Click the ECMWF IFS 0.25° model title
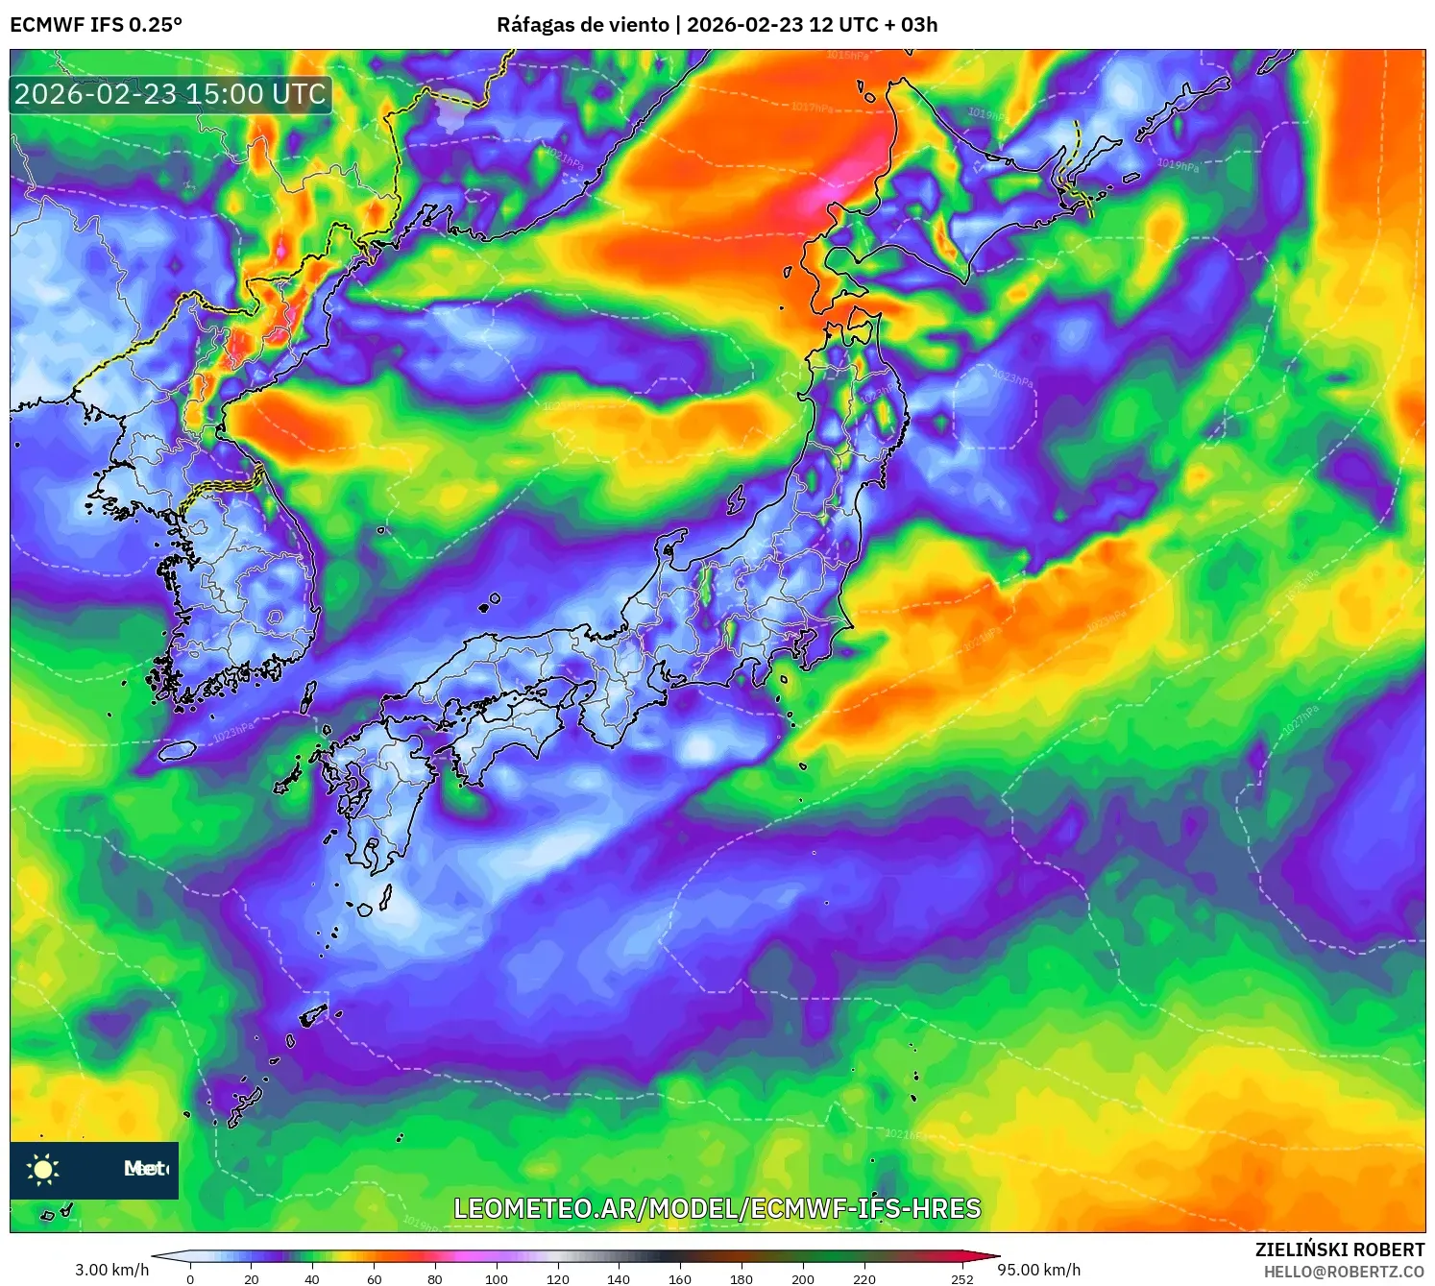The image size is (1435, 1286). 96,25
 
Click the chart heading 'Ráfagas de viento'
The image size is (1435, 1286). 582,25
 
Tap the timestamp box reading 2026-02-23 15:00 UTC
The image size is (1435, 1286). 170,94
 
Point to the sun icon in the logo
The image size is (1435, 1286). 43,1169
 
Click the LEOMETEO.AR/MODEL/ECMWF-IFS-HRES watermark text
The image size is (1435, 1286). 717,1208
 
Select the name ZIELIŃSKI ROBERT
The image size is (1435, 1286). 1339,1250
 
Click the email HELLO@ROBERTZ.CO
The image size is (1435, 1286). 1344,1272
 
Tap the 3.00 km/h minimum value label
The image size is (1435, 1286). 112,1270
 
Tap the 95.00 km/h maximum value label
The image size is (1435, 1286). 1038,1270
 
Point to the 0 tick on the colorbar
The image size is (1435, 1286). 190,1278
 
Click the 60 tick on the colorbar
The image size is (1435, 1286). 374,1278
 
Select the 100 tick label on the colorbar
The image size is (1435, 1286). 496,1278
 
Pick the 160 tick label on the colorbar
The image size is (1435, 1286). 679,1278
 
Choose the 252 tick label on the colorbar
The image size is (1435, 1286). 961,1278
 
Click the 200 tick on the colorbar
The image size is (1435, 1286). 802,1278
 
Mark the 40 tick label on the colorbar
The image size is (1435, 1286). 312,1278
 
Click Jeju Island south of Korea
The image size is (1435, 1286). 178,750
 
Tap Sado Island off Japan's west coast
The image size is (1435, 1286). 736,500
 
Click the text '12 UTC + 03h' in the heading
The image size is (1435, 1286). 873,25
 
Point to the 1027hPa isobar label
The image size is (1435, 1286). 1301,721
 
